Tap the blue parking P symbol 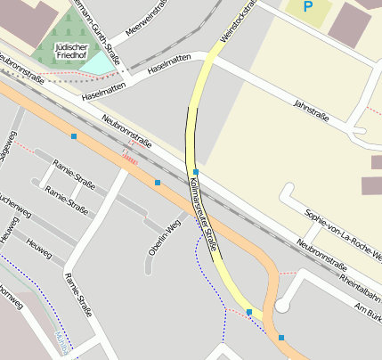tap(308, 7)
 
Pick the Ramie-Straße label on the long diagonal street tap(77, 295)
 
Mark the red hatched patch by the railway tap(130, 159)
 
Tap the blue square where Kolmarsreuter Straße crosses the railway tap(195, 171)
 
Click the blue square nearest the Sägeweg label tap(73, 136)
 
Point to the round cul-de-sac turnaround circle tap(282, 306)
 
